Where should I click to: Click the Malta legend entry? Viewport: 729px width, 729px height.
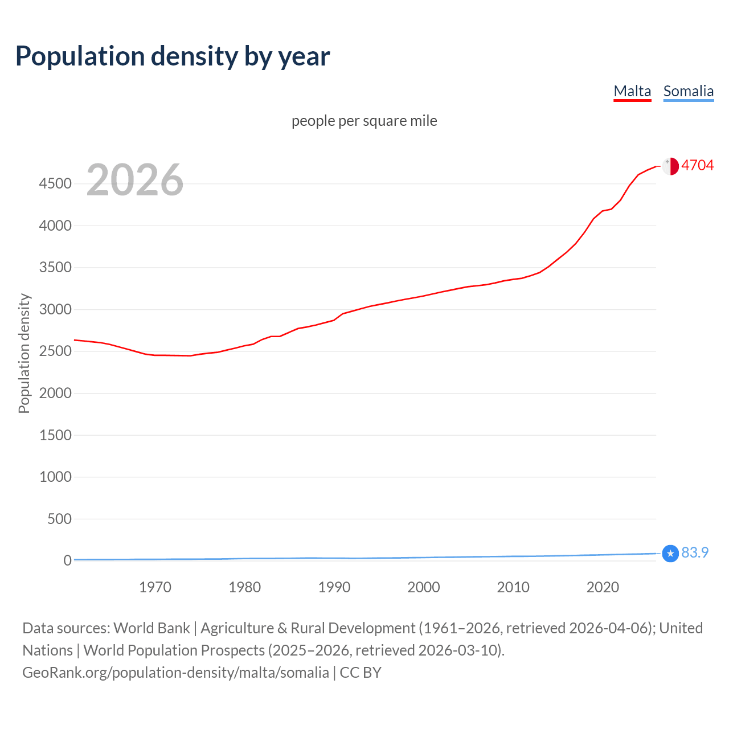click(x=632, y=91)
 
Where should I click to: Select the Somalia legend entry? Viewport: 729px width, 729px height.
click(x=688, y=91)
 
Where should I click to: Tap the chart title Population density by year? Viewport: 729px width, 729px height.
click(x=173, y=56)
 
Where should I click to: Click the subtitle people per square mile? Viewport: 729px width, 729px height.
click(x=364, y=121)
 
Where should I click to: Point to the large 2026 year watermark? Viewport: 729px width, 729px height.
click(x=135, y=180)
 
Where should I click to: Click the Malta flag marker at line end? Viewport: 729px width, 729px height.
click(x=670, y=166)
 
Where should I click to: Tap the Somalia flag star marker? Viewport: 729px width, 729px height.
click(x=670, y=553)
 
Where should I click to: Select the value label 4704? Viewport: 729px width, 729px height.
click(x=697, y=165)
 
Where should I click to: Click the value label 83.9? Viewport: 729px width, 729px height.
click(x=695, y=552)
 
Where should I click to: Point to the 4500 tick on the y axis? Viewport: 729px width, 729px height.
click(x=55, y=183)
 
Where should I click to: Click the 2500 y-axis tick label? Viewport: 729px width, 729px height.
click(x=55, y=351)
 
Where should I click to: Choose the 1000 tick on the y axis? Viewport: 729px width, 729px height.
click(x=55, y=477)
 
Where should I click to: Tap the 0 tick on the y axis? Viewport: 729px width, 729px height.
click(x=67, y=560)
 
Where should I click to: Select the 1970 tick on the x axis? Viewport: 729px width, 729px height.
click(x=155, y=587)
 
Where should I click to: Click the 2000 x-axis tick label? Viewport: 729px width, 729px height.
click(x=424, y=587)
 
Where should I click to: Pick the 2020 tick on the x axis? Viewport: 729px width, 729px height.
click(x=603, y=587)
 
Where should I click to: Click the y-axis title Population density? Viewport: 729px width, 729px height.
click(x=24, y=353)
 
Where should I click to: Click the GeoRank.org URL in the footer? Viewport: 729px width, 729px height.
click(x=175, y=672)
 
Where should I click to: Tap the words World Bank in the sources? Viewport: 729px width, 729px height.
click(x=151, y=628)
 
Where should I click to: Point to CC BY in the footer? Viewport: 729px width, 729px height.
click(x=361, y=672)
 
